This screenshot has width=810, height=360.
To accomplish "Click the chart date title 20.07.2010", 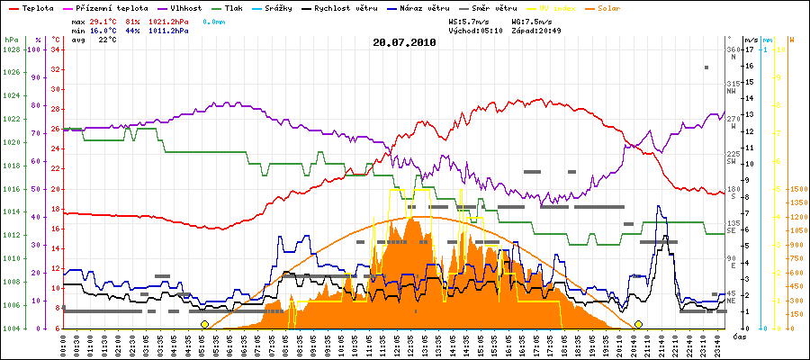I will [x=405, y=41].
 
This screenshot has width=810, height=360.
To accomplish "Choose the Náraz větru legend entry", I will [x=463, y=7].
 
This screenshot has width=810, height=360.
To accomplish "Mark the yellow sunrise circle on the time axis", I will [x=204, y=324].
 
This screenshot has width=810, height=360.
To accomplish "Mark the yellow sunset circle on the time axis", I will [x=638, y=324].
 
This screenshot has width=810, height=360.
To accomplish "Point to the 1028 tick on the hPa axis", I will [x=11, y=50].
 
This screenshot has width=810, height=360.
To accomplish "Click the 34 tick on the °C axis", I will [x=56, y=50].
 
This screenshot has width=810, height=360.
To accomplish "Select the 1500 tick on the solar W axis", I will [x=796, y=190].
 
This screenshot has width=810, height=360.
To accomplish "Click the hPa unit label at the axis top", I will [x=11, y=40].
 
